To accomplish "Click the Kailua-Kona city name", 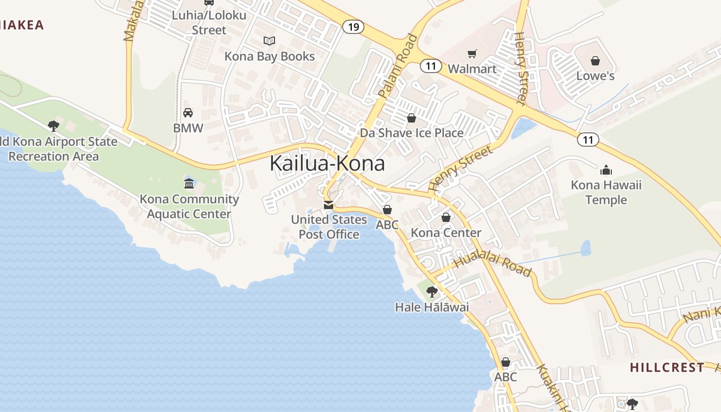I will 327,164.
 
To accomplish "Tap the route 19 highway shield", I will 353,27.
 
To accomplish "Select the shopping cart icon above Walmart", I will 472,54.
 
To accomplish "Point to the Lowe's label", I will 595,76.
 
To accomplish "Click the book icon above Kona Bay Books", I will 269,41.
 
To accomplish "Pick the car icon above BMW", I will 188,113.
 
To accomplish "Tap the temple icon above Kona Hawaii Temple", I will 606,170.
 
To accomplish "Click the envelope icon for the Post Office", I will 328,205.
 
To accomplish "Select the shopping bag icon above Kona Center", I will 446,217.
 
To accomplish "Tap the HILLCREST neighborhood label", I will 667,367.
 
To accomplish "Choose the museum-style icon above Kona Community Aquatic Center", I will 189,183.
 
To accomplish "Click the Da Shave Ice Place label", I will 411,133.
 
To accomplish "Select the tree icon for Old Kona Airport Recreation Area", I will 53,126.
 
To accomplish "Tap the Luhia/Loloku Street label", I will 209,23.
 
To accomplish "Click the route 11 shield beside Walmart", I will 431,66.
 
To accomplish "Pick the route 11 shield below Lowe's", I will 588,139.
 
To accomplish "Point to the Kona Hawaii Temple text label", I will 606,193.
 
